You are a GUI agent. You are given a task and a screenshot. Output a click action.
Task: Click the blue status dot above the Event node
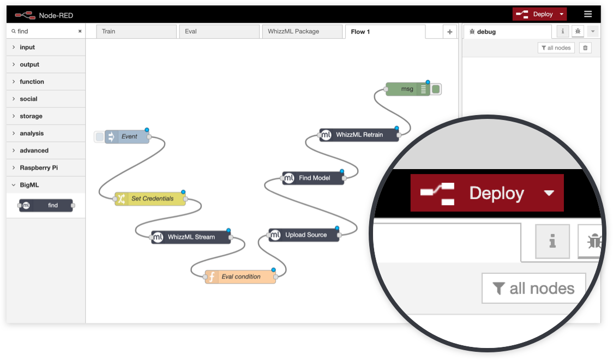pyautogui.click(x=147, y=130)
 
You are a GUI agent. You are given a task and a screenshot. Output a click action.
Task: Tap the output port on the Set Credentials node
pyautogui.click(x=185, y=199)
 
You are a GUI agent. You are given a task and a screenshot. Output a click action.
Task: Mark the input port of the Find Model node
pyautogui.click(x=283, y=178)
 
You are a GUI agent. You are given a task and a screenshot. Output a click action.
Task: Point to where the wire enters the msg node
pyautogui.click(x=386, y=89)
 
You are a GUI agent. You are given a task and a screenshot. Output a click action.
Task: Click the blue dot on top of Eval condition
pyautogui.click(x=274, y=270)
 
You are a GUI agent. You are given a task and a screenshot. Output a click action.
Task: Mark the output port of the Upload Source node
pyautogui.click(x=339, y=235)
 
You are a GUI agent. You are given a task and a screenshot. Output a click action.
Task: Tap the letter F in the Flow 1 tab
pyautogui.click(x=353, y=32)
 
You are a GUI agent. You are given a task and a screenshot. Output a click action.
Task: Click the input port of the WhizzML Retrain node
pyautogui.click(x=320, y=135)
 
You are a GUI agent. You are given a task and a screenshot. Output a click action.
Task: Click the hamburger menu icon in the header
pyautogui.click(x=588, y=14)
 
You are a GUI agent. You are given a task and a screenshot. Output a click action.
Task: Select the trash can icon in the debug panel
pyautogui.click(x=585, y=47)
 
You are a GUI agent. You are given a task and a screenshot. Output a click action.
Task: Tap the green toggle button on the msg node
pyautogui.click(x=436, y=89)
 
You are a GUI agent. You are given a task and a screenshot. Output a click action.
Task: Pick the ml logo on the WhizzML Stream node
pyautogui.click(x=158, y=237)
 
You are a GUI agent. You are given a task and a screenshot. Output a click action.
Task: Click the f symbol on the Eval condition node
pyautogui.click(x=212, y=277)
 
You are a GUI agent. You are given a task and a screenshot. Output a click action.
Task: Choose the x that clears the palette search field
pyautogui.click(x=80, y=31)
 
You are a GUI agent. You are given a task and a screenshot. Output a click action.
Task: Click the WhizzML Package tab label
pyautogui.click(x=293, y=31)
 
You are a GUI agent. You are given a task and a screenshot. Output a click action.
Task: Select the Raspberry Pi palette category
pyautogui.click(x=39, y=167)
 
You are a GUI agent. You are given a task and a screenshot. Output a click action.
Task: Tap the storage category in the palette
pyautogui.click(x=31, y=116)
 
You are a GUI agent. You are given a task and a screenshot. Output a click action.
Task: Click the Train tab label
pyautogui.click(x=109, y=31)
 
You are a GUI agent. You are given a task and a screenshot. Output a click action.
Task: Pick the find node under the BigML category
pyautogui.click(x=46, y=206)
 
